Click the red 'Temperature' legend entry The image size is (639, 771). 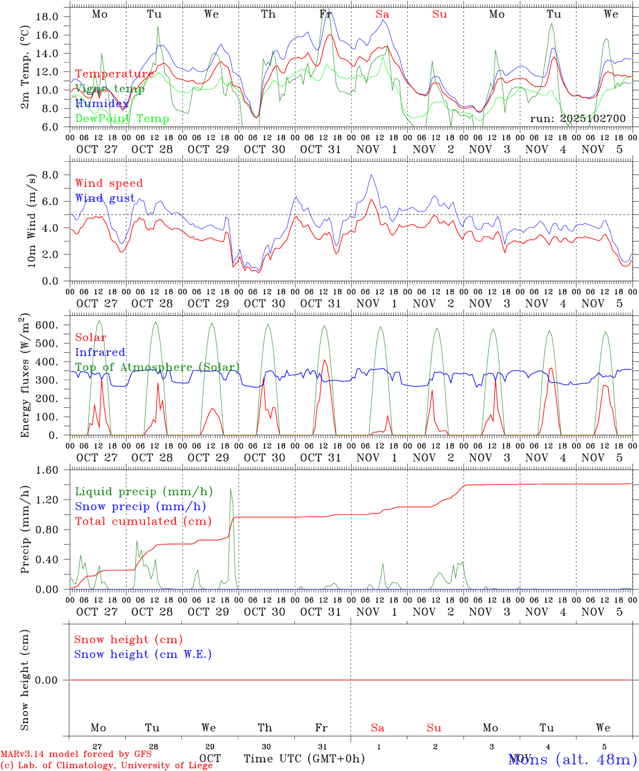point(115,74)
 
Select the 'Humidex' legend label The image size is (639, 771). point(102,103)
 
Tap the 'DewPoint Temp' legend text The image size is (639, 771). point(122,118)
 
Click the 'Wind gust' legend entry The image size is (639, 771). point(105,198)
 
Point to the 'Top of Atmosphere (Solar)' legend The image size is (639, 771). point(157,367)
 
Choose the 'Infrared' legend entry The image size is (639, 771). point(100,352)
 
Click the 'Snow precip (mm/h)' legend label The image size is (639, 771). point(140,507)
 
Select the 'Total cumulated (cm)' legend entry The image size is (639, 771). point(143,521)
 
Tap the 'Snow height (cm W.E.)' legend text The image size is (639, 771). point(143,654)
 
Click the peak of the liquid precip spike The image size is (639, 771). point(231,488)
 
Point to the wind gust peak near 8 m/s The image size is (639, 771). point(371,175)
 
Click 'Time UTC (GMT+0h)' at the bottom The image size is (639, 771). point(304,759)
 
